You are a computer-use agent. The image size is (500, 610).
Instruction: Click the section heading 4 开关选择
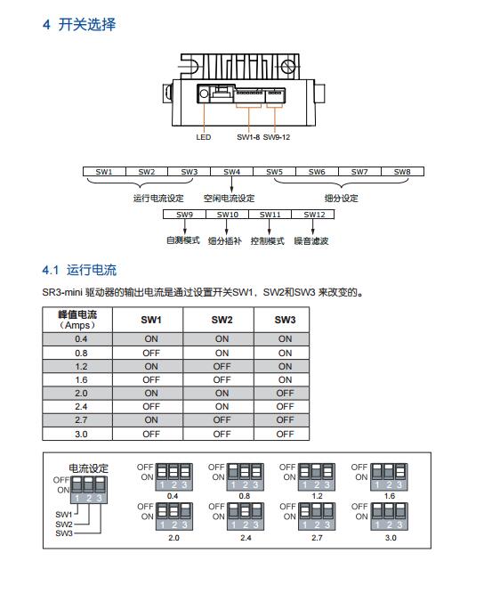click(x=79, y=25)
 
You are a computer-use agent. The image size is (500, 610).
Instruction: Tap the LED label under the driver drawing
click(x=204, y=137)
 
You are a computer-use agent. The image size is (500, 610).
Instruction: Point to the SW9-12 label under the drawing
click(x=277, y=137)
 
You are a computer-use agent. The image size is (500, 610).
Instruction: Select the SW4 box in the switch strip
click(x=231, y=172)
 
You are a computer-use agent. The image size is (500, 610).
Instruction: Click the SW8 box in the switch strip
click(x=402, y=172)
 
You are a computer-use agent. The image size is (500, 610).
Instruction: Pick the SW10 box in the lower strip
click(x=228, y=215)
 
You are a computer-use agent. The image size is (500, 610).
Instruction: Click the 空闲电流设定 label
click(x=229, y=198)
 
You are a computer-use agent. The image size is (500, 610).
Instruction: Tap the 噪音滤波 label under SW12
click(x=311, y=240)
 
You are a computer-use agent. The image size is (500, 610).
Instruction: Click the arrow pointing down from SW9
click(x=185, y=226)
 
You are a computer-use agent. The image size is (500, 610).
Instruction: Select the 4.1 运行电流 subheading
click(x=79, y=270)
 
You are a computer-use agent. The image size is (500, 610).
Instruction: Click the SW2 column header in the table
click(x=222, y=320)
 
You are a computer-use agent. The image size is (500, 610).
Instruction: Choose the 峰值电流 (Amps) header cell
click(x=77, y=320)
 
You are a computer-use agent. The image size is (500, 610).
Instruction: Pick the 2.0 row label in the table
click(x=81, y=394)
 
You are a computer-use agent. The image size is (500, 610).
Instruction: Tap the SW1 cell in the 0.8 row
click(x=151, y=353)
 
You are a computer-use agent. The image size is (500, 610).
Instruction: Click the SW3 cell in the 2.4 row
click(x=285, y=407)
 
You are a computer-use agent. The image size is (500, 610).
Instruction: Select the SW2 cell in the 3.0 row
click(x=222, y=434)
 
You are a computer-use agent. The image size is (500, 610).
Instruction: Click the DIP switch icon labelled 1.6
click(x=389, y=476)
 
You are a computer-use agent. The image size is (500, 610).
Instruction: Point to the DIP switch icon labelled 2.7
click(x=317, y=516)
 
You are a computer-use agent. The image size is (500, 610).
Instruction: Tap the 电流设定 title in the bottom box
click(x=88, y=468)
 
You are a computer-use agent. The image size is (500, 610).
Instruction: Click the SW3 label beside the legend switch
click(x=64, y=533)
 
